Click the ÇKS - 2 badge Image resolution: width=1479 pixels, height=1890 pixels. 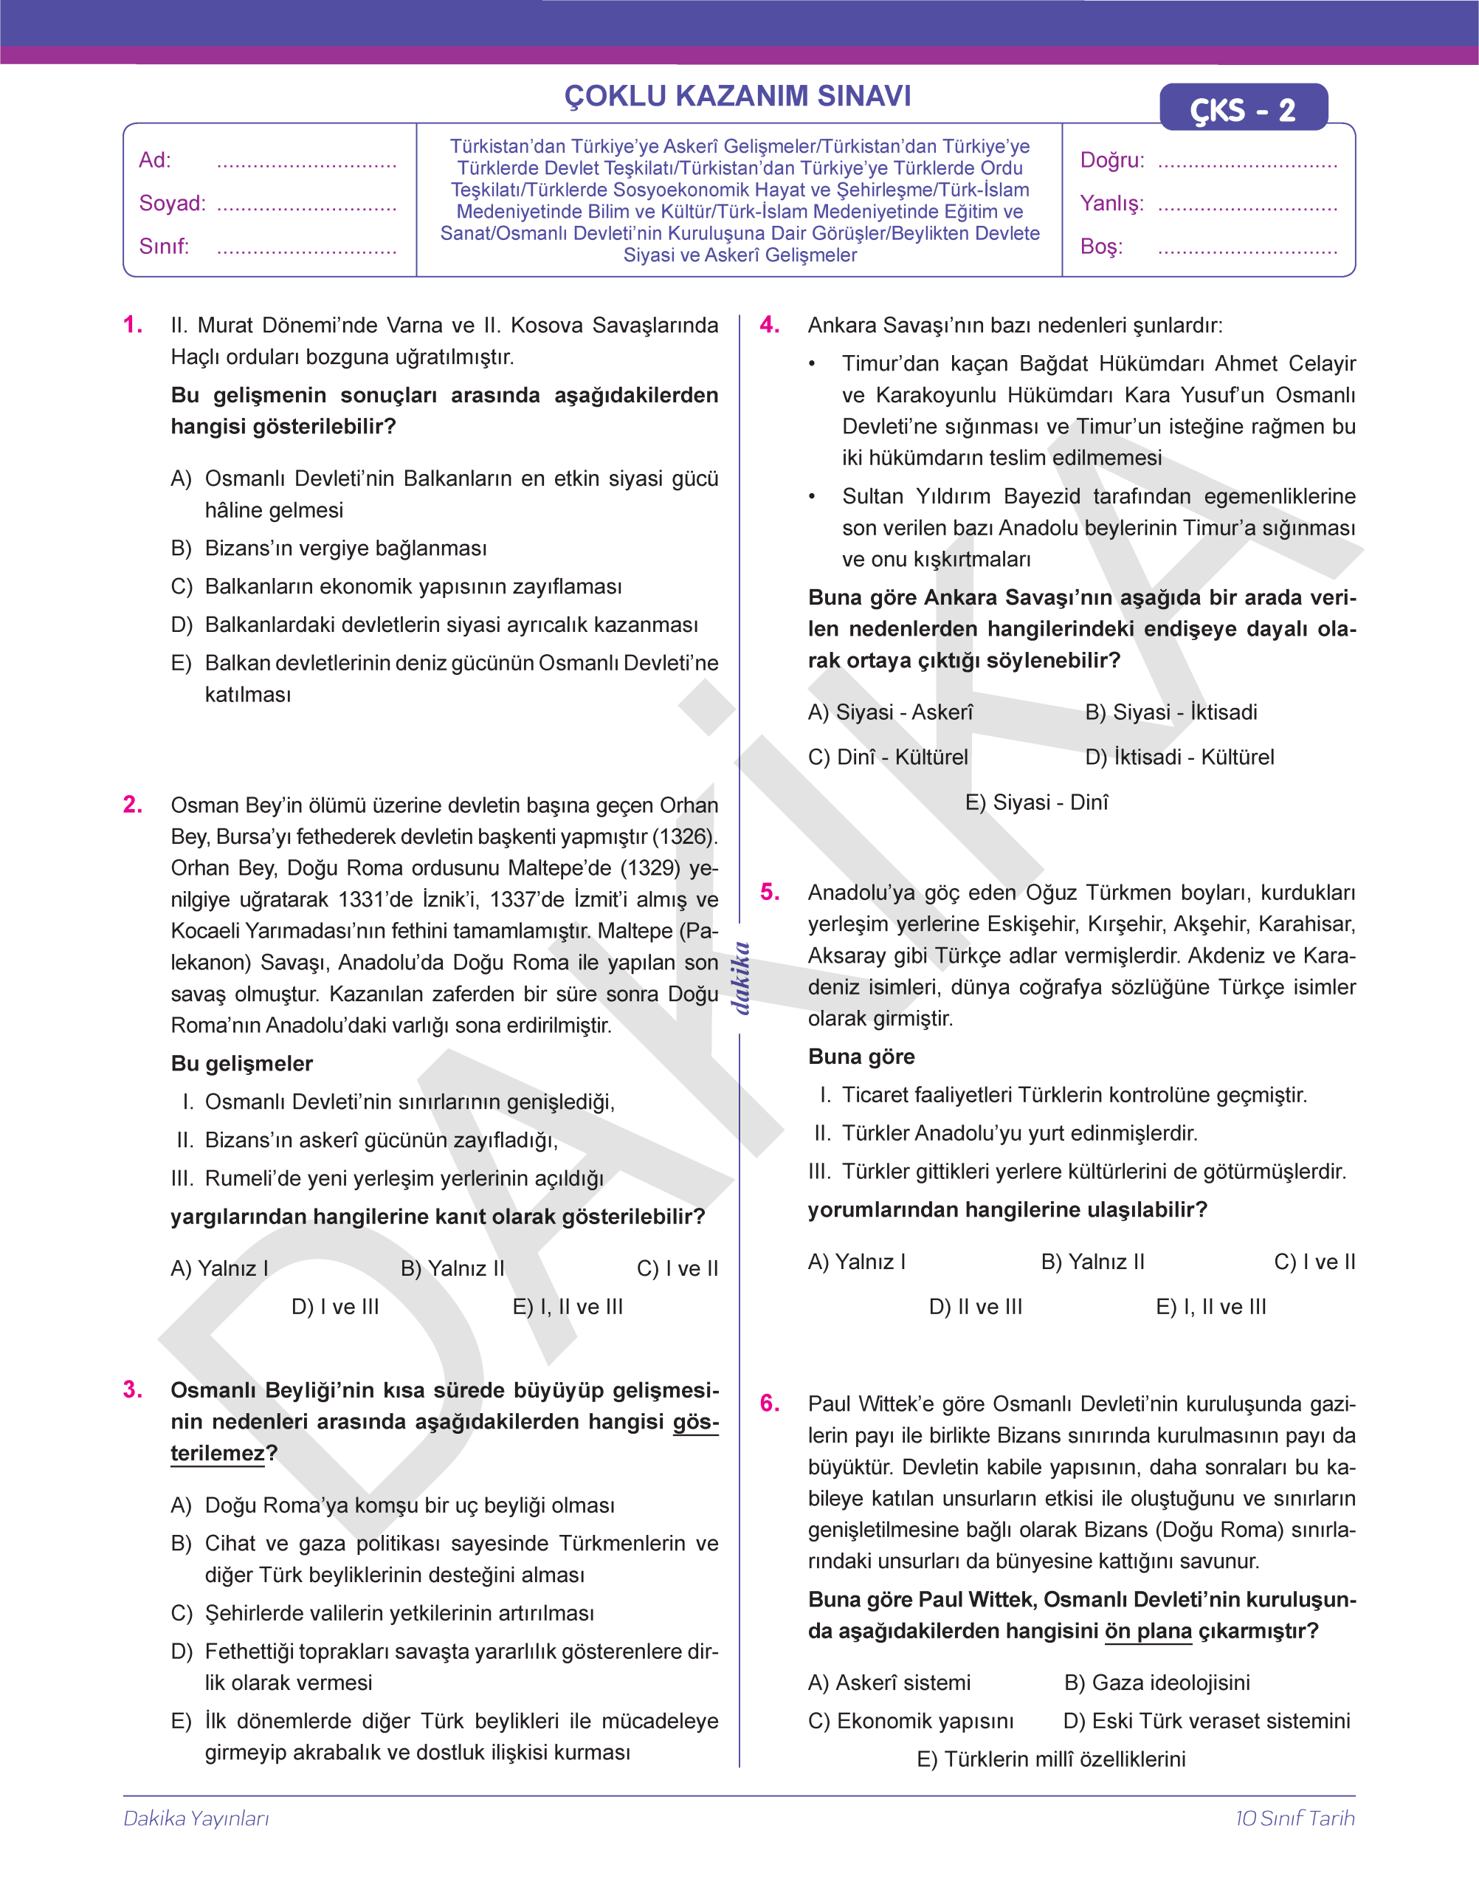pos(1243,109)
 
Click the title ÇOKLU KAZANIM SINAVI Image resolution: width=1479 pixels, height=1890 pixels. pos(738,96)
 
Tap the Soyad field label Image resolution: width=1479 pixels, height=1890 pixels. pos(172,204)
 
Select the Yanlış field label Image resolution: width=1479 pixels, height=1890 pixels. pos(1112,204)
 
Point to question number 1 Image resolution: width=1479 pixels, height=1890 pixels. pos(133,325)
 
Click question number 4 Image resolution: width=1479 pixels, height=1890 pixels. pos(770,325)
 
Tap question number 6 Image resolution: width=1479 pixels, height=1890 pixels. pos(770,1404)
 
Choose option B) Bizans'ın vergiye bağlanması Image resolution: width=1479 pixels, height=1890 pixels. pos(329,549)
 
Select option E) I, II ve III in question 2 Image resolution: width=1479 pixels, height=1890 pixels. pos(568,1307)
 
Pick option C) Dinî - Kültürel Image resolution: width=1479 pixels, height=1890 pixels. pos(888,757)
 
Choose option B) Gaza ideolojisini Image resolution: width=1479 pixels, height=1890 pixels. pos(1157,1682)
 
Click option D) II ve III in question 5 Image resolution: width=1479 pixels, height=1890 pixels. pos(975,1307)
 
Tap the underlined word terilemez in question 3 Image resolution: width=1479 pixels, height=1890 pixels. pos(217,1454)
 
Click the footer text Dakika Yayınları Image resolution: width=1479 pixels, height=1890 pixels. pos(196,1818)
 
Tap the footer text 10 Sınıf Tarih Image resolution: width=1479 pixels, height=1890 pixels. pos(1294,1818)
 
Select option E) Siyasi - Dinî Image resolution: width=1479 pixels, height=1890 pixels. pos(1036,802)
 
